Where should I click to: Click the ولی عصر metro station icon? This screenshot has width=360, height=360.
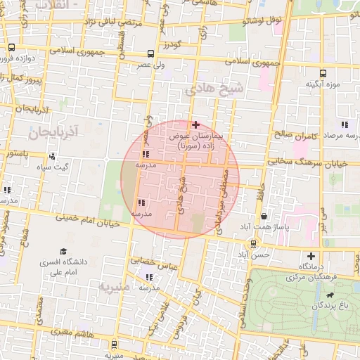click(x=151, y=53)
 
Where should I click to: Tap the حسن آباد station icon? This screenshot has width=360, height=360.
click(x=253, y=243)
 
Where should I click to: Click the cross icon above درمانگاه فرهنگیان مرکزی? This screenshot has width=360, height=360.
click(x=311, y=257)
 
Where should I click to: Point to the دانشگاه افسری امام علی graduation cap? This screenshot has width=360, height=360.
click(x=63, y=251)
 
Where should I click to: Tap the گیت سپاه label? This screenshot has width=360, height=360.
click(x=53, y=167)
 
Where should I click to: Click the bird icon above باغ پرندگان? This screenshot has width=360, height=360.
click(x=330, y=295)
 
